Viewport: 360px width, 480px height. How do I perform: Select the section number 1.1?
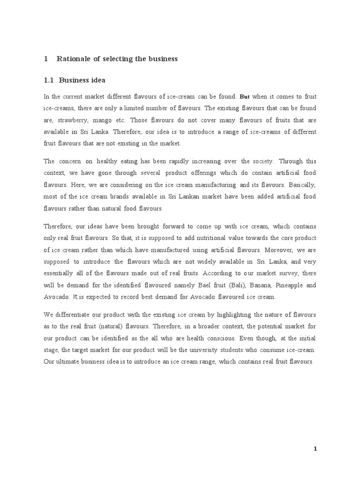pos(49,80)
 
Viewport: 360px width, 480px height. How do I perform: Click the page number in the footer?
pos(315,449)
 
